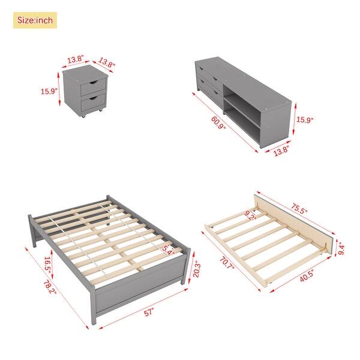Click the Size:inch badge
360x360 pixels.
coord(35,20)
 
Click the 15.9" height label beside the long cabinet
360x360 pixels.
coord(305,119)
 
